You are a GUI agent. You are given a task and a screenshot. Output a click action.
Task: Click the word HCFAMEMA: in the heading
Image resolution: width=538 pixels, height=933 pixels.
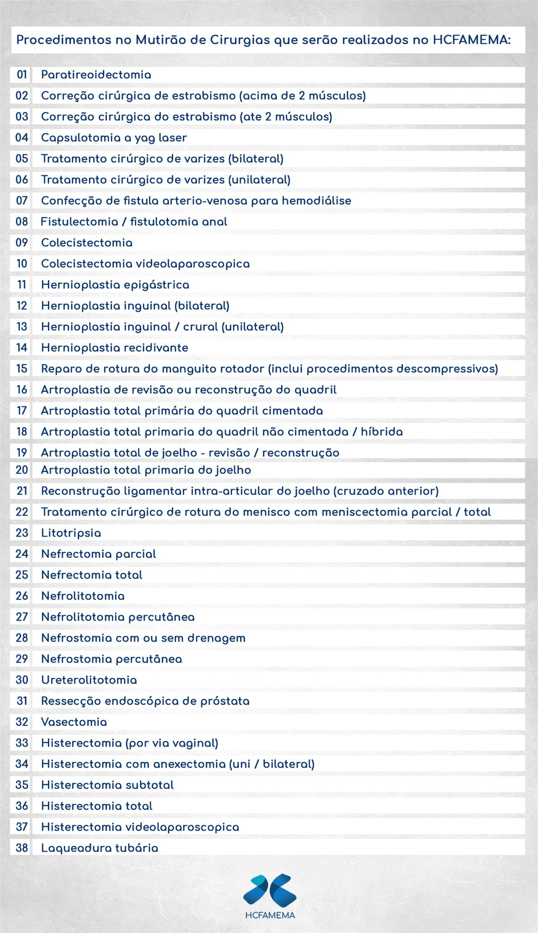tap(472, 40)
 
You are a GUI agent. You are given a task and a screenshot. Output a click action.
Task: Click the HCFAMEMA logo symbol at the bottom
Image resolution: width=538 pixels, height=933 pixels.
tap(270, 889)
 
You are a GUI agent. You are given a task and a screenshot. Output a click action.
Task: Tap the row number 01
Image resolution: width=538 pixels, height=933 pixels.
tap(22, 75)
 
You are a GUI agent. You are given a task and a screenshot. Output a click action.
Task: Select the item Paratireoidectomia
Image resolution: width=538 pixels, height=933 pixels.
tap(96, 75)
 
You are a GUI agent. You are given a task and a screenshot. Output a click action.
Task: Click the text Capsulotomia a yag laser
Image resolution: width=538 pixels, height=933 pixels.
tap(114, 138)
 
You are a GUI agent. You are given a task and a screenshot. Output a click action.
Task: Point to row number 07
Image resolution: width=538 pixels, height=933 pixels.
tap(22, 201)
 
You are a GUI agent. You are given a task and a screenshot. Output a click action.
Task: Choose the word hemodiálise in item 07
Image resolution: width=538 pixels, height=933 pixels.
tap(316, 201)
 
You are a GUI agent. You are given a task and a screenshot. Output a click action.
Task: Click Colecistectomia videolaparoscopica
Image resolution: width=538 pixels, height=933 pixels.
tap(145, 264)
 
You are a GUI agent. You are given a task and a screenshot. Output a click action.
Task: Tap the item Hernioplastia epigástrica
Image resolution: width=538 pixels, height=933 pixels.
tap(115, 285)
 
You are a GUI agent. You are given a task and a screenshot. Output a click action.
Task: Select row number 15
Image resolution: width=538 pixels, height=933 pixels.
tap(22, 369)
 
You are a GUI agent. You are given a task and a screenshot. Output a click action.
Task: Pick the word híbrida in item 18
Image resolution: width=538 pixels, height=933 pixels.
tap(382, 432)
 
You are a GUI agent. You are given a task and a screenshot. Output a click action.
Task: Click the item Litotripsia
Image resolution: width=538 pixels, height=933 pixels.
tap(71, 533)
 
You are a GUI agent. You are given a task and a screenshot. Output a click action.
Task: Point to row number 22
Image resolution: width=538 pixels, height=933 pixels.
tap(22, 512)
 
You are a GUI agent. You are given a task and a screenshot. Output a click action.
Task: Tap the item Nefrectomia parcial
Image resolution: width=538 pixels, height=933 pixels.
tap(98, 554)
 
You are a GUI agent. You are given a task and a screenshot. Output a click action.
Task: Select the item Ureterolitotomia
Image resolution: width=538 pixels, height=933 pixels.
tap(89, 680)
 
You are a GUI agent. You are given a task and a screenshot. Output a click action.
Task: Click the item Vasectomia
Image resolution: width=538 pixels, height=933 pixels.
tap(74, 722)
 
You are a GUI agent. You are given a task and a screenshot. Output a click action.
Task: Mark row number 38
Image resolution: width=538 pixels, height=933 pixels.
tap(22, 848)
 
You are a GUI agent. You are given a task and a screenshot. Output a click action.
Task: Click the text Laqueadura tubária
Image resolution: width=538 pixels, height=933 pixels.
tap(100, 848)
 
